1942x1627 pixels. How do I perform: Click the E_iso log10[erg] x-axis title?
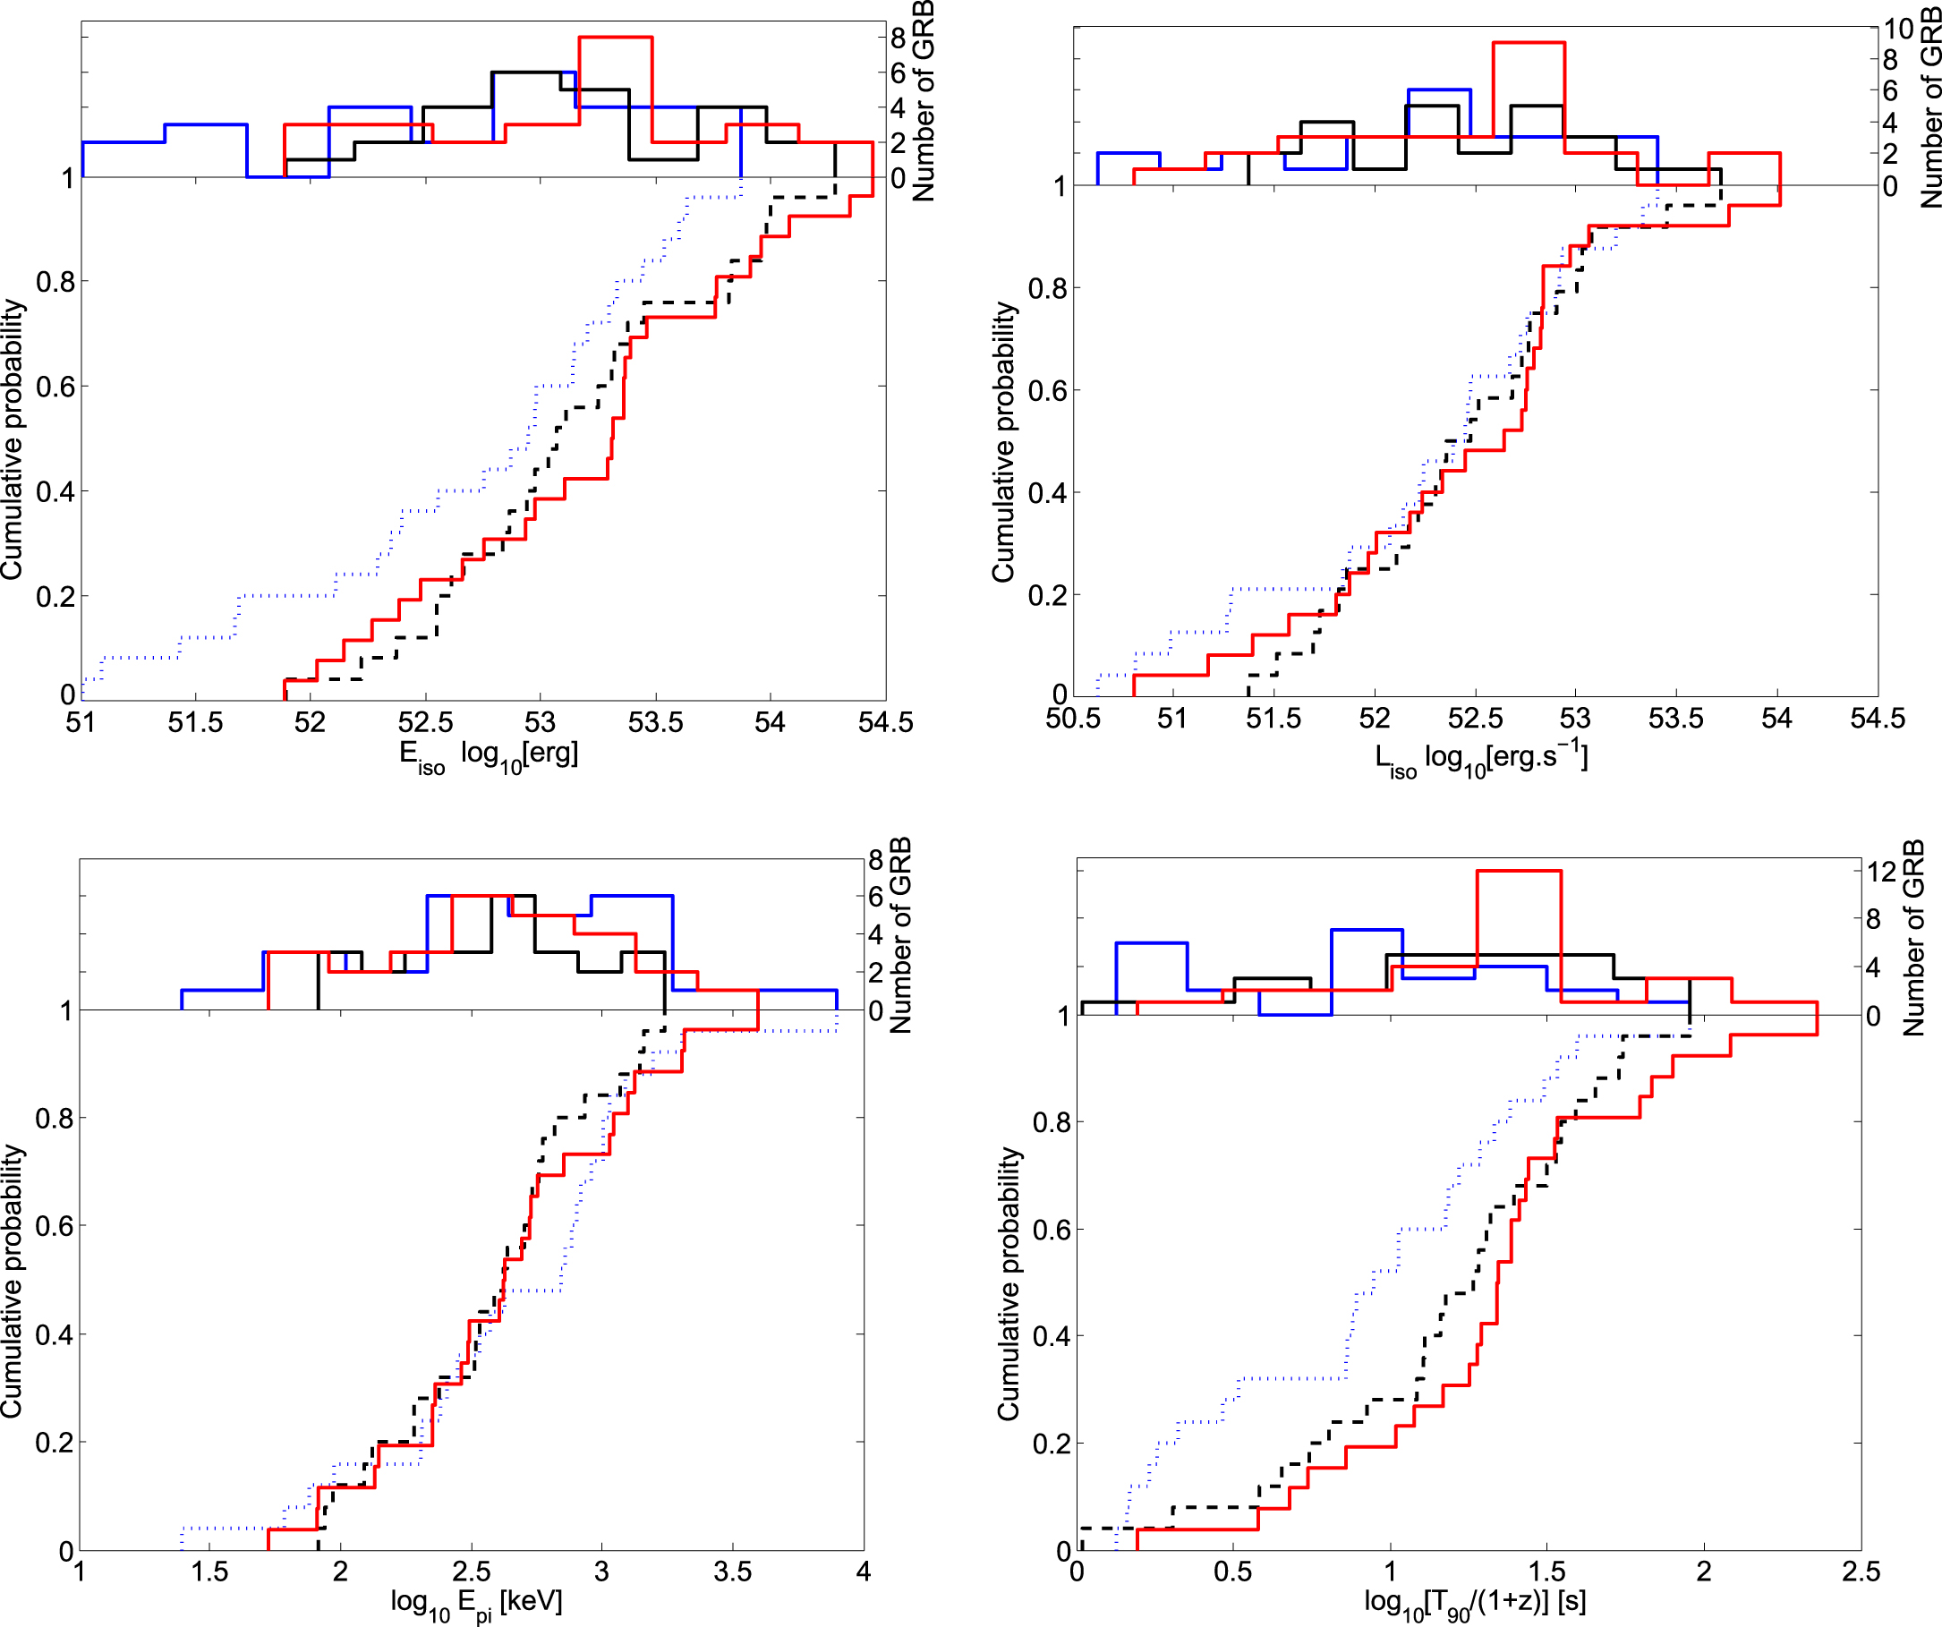coord(489,755)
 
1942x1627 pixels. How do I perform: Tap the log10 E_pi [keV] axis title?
coord(475,1603)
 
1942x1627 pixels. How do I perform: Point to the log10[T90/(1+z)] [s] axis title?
coord(1474,1603)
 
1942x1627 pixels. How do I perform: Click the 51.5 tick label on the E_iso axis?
coord(195,722)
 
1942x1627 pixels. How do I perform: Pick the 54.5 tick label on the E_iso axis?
coord(885,722)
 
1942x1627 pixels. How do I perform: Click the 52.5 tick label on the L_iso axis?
coord(1475,719)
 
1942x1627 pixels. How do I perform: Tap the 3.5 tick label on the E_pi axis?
coord(732,1572)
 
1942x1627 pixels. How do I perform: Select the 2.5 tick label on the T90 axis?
coord(1860,1572)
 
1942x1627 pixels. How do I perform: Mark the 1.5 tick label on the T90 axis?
coord(1546,1572)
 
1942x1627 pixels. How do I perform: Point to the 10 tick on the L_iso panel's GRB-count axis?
coord(1897,29)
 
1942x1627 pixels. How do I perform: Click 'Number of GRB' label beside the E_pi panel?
coord(899,935)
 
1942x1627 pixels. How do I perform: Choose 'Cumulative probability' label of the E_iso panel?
coord(12,439)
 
